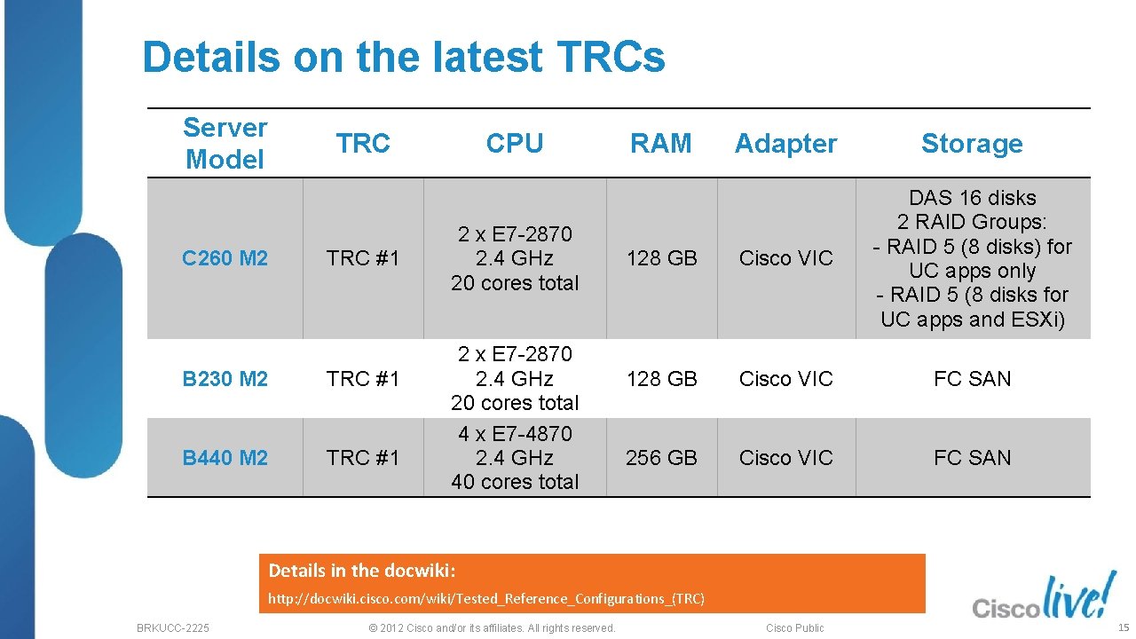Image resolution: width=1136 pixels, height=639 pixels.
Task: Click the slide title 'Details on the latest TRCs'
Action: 403,58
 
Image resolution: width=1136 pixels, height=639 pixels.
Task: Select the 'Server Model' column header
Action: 225,144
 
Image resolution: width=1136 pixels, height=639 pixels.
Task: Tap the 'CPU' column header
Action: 515,144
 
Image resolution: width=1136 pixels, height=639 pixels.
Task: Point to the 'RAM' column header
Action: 661,144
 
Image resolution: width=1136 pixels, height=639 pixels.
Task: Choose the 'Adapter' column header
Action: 785,144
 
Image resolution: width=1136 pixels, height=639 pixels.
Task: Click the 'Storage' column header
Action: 972,144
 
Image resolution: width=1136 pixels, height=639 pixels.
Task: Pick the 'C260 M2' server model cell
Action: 225,258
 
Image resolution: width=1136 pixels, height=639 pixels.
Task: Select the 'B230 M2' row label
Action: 225,379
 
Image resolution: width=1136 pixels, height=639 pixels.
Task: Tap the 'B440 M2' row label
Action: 225,458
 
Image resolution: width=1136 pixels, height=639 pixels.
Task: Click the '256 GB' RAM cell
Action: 661,458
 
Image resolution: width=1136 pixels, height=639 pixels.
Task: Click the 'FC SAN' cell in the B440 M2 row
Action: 972,458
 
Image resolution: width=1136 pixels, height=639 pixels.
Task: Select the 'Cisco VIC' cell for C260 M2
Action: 785,258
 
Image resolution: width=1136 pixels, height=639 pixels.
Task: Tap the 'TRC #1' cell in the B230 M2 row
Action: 363,379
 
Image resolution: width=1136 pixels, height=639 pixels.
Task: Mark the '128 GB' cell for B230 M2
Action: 661,379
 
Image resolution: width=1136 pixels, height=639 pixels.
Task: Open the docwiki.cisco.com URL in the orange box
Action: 486,599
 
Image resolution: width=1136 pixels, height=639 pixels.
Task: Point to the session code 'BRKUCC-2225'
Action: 173,628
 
